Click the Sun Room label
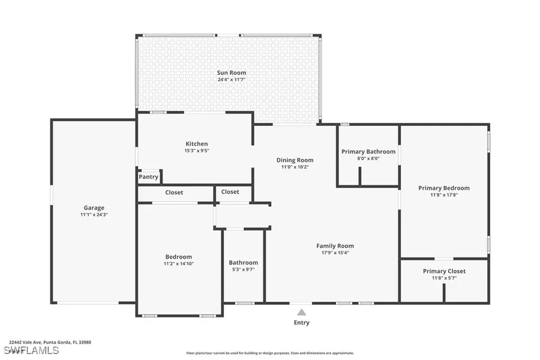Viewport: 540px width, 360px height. point(231,73)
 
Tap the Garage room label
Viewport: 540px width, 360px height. point(94,208)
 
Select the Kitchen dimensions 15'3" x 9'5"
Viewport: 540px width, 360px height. point(196,151)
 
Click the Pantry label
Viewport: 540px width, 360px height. point(149,177)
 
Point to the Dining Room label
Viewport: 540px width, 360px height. point(295,160)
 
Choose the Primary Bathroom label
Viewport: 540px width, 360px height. point(368,151)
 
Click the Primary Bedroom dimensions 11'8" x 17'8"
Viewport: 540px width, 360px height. point(444,194)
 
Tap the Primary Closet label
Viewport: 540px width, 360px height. point(444,271)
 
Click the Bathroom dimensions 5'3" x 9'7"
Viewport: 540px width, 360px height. point(243,269)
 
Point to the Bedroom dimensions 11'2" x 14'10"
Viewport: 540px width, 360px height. point(179,263)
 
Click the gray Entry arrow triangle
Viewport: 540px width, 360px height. point(302,312)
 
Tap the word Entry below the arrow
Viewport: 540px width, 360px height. point(302,323)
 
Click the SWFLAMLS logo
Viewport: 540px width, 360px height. point(31,349)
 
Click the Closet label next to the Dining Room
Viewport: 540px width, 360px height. point(230,192)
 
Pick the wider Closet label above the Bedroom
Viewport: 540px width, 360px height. point(174,193)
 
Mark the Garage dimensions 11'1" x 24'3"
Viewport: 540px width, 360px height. point(94,214)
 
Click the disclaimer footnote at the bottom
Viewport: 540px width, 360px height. point(270,353)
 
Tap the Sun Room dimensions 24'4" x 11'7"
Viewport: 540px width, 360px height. point(231,79)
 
